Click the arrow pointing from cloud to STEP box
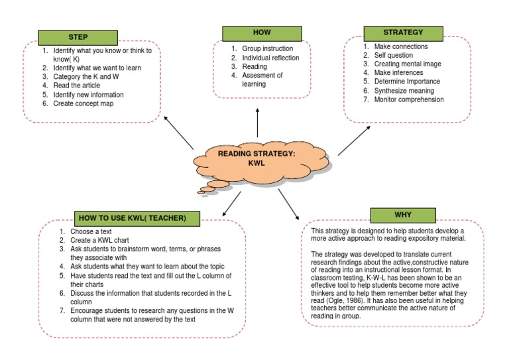(x=178, y=133)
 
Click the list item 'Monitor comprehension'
(x=409, y=99)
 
